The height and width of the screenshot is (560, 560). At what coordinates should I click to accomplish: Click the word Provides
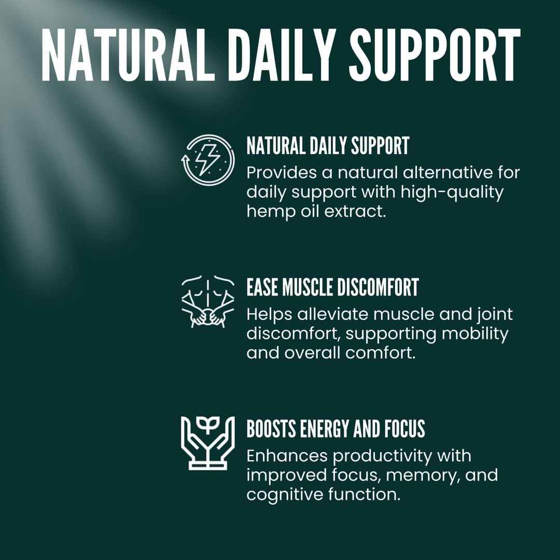277,172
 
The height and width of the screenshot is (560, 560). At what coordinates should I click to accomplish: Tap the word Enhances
287,456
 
